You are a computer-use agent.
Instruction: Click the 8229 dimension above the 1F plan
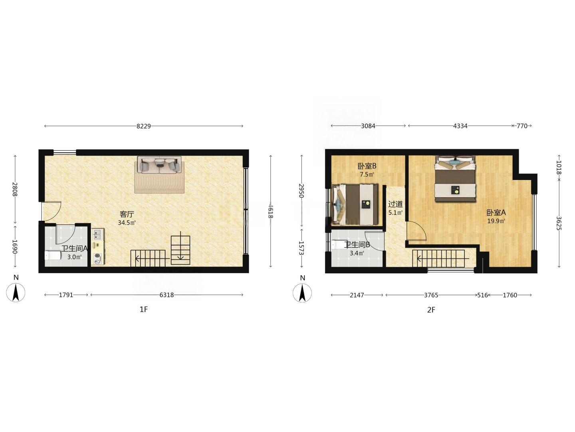144,126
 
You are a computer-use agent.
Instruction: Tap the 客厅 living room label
127,214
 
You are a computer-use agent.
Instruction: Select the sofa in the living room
159,165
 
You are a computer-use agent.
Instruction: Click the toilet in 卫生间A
53,255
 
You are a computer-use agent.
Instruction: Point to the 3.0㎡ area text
75,257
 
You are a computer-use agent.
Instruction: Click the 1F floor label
144,310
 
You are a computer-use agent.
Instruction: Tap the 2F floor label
431,310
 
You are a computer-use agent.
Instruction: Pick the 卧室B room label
367,166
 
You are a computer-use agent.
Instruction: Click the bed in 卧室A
455,179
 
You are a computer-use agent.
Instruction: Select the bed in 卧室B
355,204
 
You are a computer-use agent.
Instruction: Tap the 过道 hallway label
395,204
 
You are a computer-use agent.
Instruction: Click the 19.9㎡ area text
496,221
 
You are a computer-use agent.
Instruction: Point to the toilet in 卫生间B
339,245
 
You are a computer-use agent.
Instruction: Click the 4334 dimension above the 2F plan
460,126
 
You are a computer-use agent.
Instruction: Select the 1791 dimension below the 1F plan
66,295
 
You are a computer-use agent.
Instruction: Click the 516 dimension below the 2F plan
482,295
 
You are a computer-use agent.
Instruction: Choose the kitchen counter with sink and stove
98,246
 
